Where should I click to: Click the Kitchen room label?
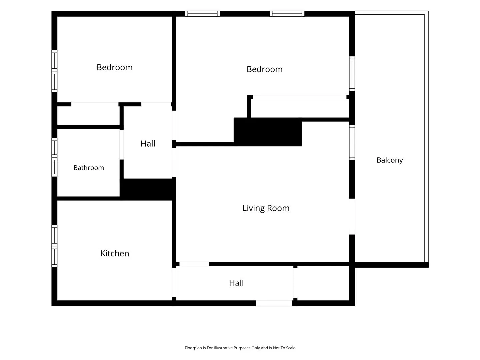coord(115,253)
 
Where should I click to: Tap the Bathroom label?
coord(89,168)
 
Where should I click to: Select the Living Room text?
coord(266,208)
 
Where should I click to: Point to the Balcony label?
coord(389,160)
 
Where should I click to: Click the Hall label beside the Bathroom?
coord(148,144)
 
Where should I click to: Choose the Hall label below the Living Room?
coord(236,283)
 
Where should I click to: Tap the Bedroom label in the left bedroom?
coord(115,67)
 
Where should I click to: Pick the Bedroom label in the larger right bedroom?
coord(264,69)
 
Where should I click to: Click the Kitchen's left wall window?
coord(54,246)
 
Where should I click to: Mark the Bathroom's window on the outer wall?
coord(54,157)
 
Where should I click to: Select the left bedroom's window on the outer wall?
coord(54,71)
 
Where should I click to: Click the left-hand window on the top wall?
coord(202,14)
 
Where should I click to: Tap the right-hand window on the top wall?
coord(287,14)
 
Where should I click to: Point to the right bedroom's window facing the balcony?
coord(352,74)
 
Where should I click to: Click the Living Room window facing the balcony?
coord(352,142)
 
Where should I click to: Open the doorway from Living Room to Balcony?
coord(352,216)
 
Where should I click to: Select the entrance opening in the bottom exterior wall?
coord(274,303)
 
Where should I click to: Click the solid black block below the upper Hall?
coord(148,189)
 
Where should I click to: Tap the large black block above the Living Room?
coord(268,132)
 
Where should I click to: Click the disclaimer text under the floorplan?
coord(240,348)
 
